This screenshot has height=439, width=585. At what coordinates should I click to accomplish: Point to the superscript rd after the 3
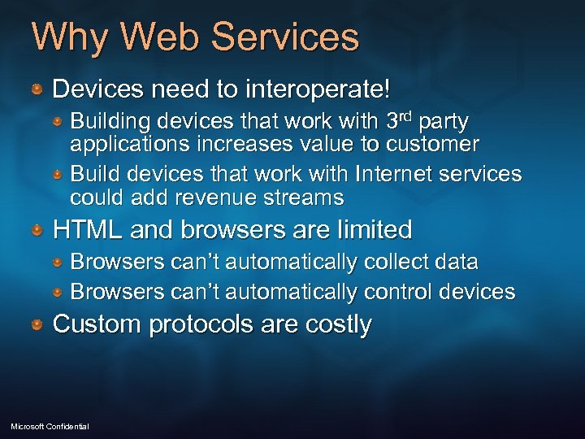tap(408, 116)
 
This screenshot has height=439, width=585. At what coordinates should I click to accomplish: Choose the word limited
tap(371, 230)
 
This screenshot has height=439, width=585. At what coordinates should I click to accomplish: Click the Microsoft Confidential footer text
tap(50, 427)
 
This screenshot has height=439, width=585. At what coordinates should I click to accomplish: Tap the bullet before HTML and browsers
tap(37, 232)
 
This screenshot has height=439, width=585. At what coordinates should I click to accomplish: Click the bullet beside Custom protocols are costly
tap(37, 325)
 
